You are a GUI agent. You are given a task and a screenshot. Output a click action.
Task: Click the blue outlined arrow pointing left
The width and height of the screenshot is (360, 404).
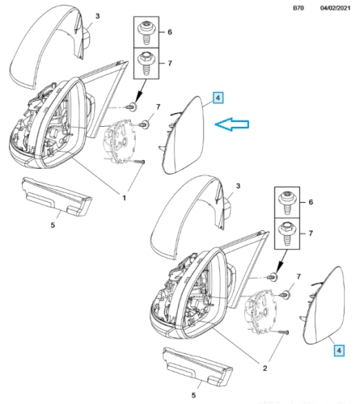coord(231,124)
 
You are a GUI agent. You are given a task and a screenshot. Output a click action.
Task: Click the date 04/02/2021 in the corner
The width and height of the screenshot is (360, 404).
coord(335,8)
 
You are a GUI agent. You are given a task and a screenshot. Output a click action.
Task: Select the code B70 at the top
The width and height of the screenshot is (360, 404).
coord(299,8)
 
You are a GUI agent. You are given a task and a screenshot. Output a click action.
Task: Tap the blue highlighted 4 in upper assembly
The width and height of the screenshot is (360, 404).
coord(218,98)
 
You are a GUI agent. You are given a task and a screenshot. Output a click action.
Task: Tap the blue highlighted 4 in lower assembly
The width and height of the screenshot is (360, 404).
coord(339,351)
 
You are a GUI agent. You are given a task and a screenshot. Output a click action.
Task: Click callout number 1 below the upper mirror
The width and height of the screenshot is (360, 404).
coord(125,198)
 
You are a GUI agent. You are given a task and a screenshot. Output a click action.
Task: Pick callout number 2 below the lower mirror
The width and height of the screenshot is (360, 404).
coord(265,368)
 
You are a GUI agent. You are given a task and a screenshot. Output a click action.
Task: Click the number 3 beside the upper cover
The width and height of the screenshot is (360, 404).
coord(97,16)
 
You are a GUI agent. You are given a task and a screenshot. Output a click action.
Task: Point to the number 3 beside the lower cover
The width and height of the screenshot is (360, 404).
coord(238,186)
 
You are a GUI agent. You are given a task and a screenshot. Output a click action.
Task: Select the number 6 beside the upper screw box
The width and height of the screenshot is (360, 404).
coord(170,32)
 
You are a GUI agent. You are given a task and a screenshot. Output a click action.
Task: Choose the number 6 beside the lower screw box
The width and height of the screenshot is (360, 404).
coord(311,202)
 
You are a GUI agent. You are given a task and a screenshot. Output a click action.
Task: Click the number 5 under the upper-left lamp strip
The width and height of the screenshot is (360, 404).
coord(53,225)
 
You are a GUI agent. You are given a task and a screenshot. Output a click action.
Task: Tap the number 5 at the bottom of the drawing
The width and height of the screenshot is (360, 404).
coord(193,395)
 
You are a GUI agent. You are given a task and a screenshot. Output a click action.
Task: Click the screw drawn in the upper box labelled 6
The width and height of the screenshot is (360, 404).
coord(146,32)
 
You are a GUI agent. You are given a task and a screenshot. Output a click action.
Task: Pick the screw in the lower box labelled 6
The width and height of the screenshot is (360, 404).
coord(287,203)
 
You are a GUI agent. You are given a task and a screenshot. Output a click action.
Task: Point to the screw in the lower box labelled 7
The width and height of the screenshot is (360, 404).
coord(287,234)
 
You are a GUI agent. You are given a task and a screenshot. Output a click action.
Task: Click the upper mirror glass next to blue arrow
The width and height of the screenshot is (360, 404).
coord(186,136)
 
